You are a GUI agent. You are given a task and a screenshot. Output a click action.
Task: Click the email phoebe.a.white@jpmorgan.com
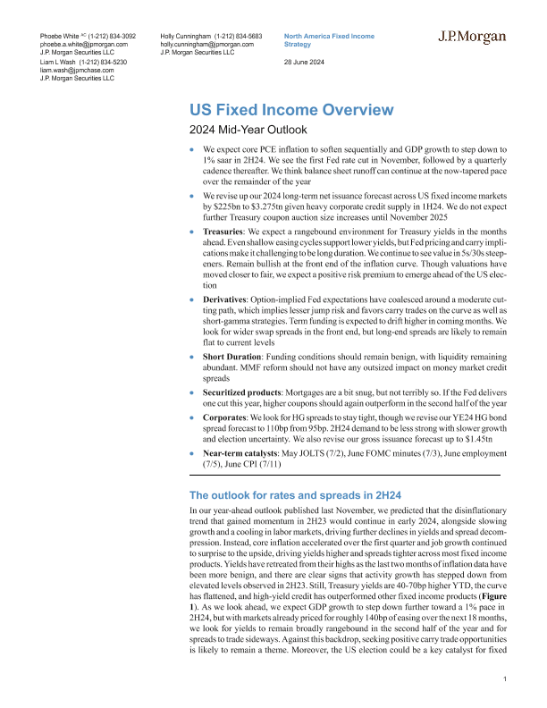84,43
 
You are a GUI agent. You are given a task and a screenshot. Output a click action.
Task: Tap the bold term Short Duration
237,355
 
